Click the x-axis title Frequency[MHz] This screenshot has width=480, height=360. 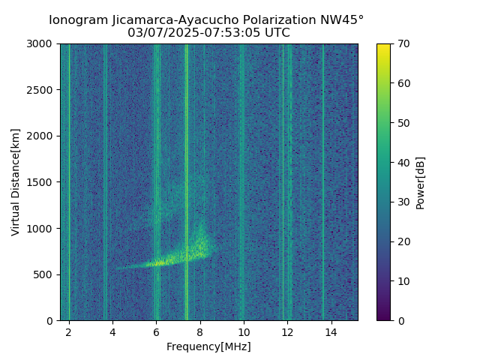pyautogui.click(x=208, y=346)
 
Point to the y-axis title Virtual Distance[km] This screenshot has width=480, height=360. pyautogui.click(x=16, y=181)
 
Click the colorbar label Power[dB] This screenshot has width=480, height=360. pyautogui.click(x=421, y=181)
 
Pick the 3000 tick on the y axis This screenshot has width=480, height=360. pyautogui.click(x=42, y=44)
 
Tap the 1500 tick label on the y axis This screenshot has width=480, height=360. pyautogui.click(x=42, y=182)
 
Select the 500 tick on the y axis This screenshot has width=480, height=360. pyautogui.click(x=45, y=274)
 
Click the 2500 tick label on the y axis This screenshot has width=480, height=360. pyautogui.click(x=42, y=90)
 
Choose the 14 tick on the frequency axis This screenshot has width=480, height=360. pyautogui.click(x=331, y=331)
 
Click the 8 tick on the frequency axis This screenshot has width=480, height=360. pyautogui.click(x=199, y=331)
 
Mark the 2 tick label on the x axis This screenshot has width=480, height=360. pyautogui.click(x=69, y=331)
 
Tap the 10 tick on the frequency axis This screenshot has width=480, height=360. pyautogui.click(x=243, y=331)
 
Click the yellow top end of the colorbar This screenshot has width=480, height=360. pyautogui.click(x=383, y=46)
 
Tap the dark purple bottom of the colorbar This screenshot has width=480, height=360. pyautogui.click(x=383, y=317)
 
